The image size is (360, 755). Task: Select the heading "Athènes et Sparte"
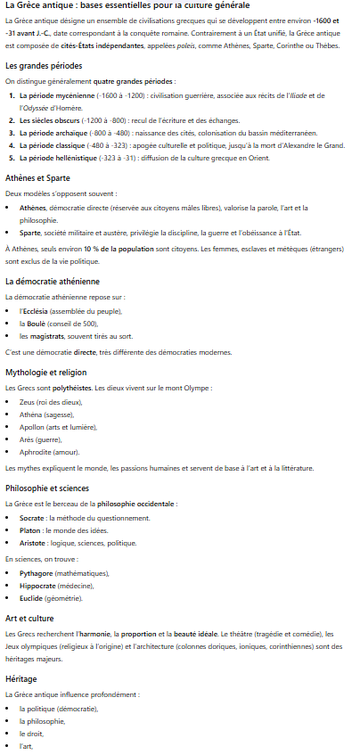pos(37,177)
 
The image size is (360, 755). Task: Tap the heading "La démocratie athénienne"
pos(53,282)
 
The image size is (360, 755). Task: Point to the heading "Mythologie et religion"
pos(45,372)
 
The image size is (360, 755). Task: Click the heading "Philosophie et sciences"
pos(47,488)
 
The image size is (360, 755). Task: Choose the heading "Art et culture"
pos(29,617)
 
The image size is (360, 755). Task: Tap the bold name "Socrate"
pos(33,518)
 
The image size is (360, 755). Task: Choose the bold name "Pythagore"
pos(37,572)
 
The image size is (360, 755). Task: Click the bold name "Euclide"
pos(32,597)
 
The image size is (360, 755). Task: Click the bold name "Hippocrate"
pos(38,585)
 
